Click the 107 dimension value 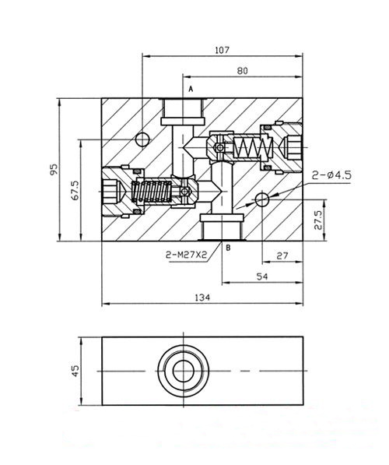coord(222,50)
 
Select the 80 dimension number coord(243,71)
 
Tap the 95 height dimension coord(54,169)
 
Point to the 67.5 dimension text coord(75,190)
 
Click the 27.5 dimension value coord(317,220)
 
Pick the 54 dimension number coord(262,277)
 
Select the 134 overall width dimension coord(202,298)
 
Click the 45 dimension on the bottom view coord(75,371)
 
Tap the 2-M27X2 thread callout coord(186,255)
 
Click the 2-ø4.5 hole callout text coord(331,175)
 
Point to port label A coord(191,89)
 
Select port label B coord(228,248)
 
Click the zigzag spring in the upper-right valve coord(253,147)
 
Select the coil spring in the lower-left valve coord(152,192)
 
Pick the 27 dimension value coord(282,255)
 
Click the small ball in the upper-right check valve coord(219,147)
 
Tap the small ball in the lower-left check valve coord(184,192)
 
